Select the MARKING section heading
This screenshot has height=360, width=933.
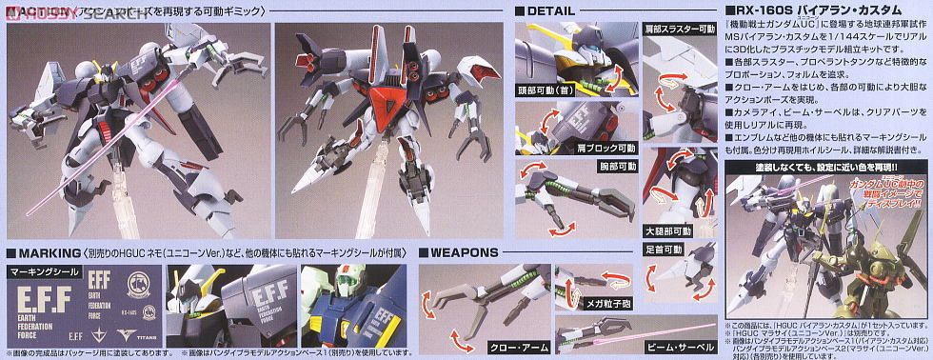pyautogui.click(x=44, y=252)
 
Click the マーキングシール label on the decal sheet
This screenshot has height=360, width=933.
pyautogui.click(x=41, y=271)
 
